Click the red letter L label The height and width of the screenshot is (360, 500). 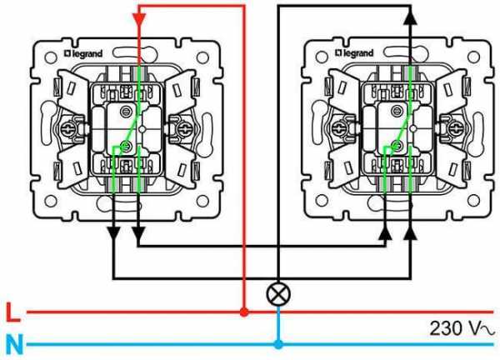[x=12, y=312]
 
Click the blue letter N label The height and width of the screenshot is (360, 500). [x=15, y=344]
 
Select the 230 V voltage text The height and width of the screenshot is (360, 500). [x=462, y=328]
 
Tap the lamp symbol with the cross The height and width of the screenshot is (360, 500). [x=278, y=293]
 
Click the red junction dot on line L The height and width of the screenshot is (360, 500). [x=244, y=312]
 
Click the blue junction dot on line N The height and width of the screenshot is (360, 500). [x=278, y=344]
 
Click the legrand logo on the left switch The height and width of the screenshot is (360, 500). [x=83, y=53]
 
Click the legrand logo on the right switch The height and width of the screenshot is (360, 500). [x=354, y=53]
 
